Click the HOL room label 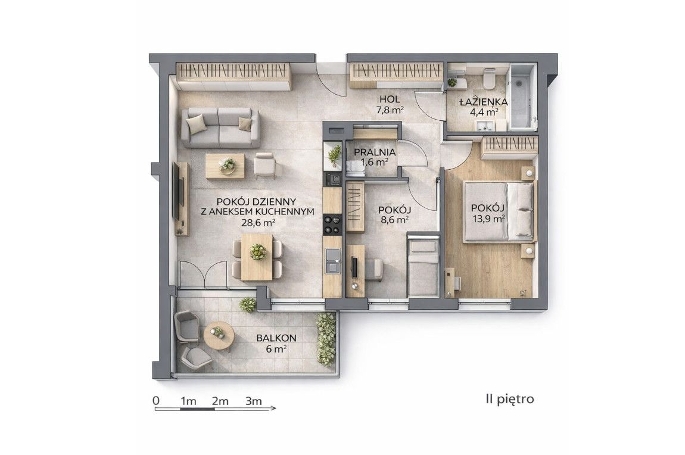point(389,99)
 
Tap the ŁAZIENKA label point(483,102)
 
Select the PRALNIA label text point(375,152)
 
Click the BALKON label point(276,338)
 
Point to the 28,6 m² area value point(258,222)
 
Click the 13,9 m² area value point(488,219)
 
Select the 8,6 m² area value point(394,220)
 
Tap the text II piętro point(509,399)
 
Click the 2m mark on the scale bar point(220,401)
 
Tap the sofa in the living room point(220,127)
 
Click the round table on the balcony point(219,336)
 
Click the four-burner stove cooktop point(332,225)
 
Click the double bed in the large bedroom point(499,212)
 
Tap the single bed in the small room point(423,267)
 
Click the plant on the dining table point(258,252)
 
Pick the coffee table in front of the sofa point(225,166)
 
